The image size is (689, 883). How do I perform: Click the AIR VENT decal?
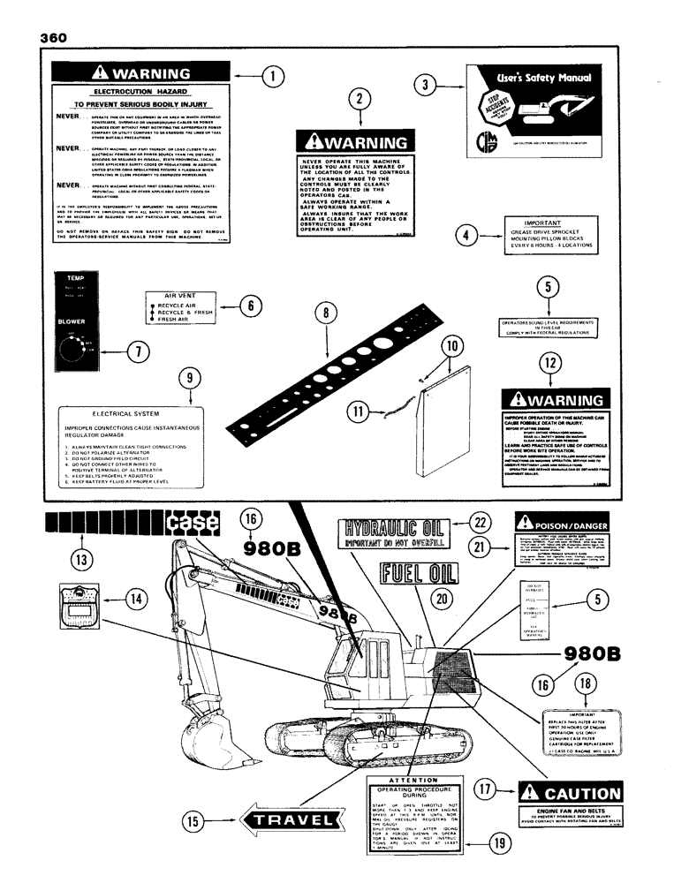(x=179, y=307)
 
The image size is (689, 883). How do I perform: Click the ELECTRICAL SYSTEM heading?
(x=129, y=413)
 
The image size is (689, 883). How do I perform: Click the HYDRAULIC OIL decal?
(x=395, y=534)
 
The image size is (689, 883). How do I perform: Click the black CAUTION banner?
(x=570, y=792)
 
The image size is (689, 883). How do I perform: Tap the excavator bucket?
(x=213, y=738)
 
